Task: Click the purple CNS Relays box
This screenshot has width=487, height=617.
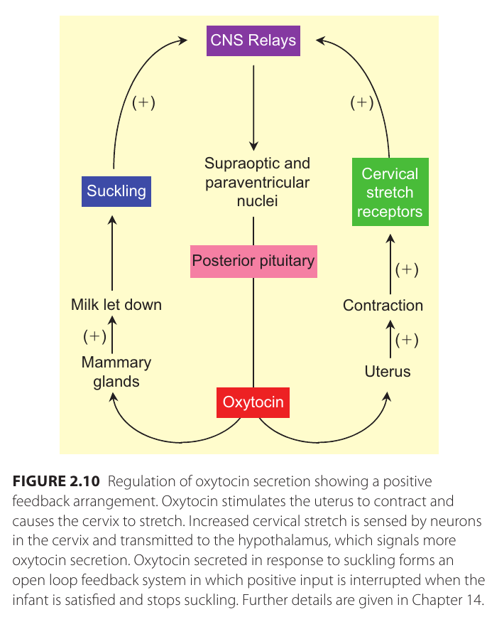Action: tap(253, 41)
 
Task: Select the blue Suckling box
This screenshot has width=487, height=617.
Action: tap(116, 191)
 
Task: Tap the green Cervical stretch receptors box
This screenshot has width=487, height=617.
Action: tap(390, 193)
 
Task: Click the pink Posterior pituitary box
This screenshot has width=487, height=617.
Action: tap(253, 261)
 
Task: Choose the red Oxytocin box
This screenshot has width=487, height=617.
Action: tap(253, 402)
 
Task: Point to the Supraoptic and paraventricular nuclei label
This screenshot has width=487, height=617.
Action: tap(257, 182)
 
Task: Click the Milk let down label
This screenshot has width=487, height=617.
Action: tap(116, 305)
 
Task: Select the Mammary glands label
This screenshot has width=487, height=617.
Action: tap(116, 372)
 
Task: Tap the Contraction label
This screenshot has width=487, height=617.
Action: tap(383, 306)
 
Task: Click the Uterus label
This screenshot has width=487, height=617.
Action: tap(388, 371)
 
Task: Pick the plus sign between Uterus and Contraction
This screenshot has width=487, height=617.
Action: tap(407, 340)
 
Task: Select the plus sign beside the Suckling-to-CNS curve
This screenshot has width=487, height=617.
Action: tap(143, 102)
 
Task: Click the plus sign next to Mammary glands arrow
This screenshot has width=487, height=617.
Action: tap(94, 335)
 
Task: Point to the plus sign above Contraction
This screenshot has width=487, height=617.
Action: tap(407, 269)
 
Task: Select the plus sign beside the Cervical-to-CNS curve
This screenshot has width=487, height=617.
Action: tap(362, 102)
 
